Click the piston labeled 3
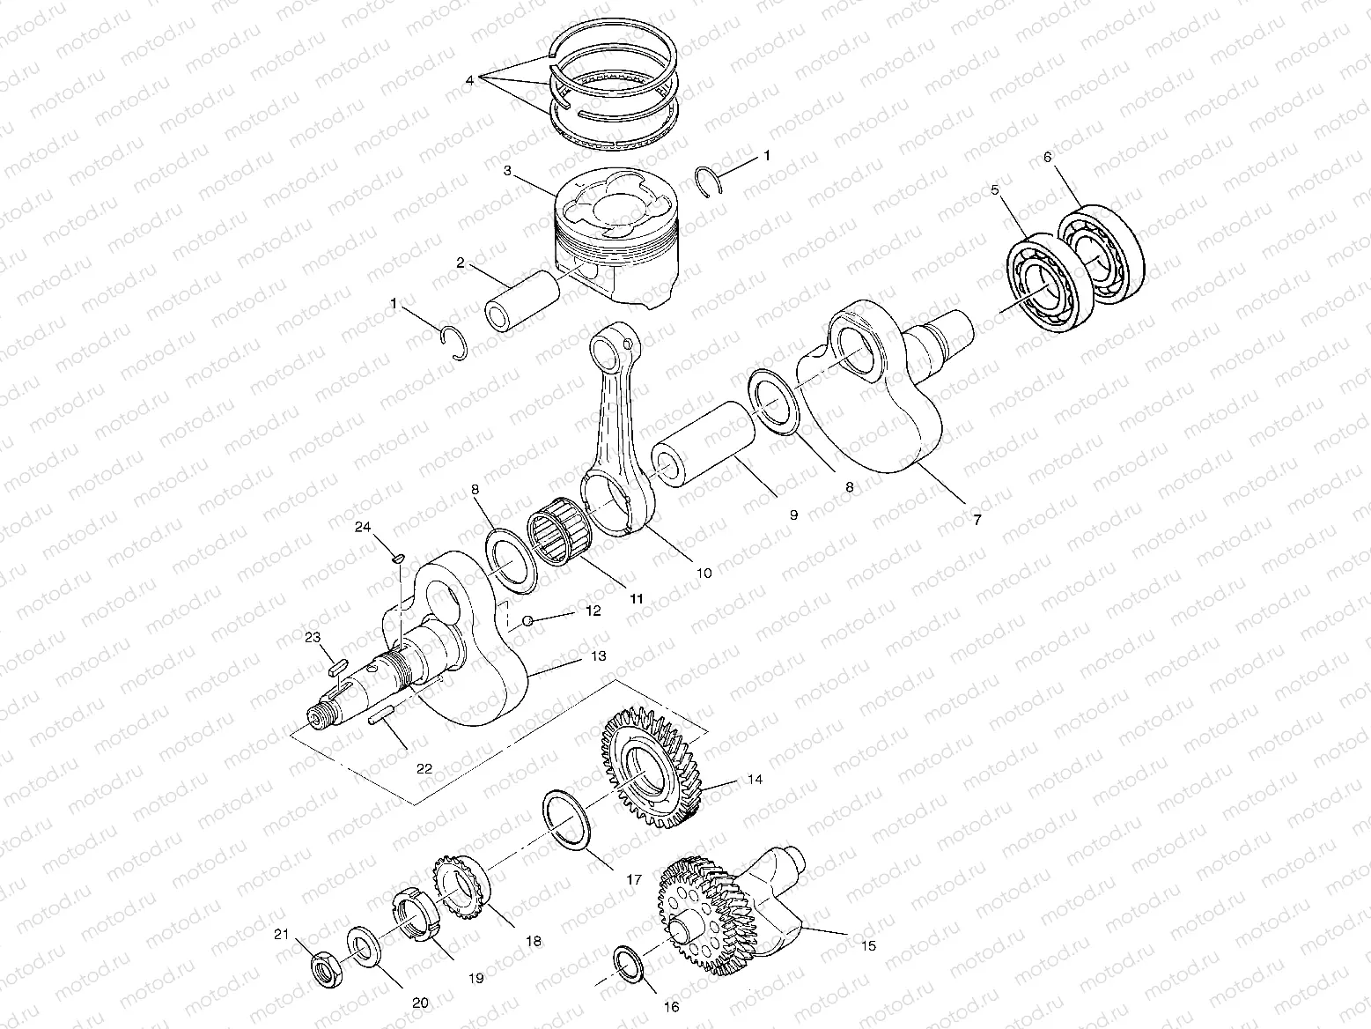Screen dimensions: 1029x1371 616,238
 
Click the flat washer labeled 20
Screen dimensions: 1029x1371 363,947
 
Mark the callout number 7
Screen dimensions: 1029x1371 975,521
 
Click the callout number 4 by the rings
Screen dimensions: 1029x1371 470,80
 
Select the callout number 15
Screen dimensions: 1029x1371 868,947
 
